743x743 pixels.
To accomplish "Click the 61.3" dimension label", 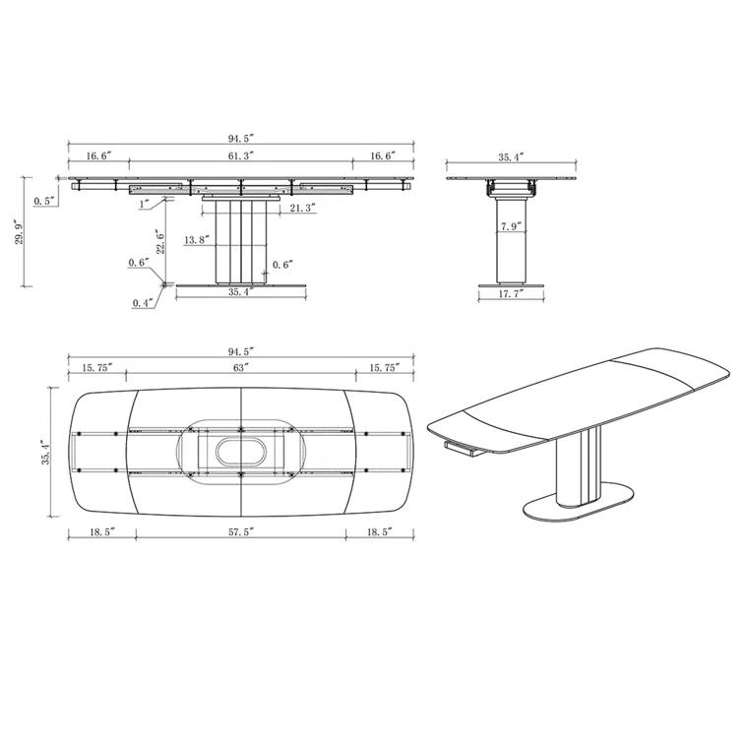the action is [x=241, y=155].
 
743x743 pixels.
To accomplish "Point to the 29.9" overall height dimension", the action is [x=19, y=231].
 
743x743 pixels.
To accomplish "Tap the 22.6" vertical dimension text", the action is [x=160, y=242].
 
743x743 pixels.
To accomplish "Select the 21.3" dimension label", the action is [x=303, y=208].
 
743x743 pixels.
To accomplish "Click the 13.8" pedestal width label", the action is [x=197, y=240].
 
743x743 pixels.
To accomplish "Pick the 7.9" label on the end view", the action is [x=511, y=226].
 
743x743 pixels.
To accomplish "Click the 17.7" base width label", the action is [x=511, y=293].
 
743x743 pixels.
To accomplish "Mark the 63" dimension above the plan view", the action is [x=241, y=367].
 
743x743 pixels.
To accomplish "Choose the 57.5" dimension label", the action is [x=242, y=532].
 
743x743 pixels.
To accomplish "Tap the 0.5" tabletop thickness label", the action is [x=45, y=201].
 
